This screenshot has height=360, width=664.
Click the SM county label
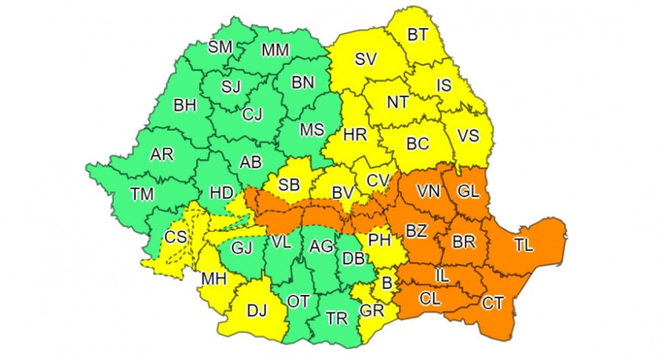[x=220, y=47]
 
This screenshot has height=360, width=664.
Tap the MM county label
[x=276, y=51]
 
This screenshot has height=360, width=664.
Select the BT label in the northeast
[x=417, y=35]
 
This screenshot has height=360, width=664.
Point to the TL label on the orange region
[x=523, y=245]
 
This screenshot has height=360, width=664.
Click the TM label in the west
[x=141, y=194]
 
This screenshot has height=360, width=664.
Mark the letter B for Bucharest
[x=387, y=285]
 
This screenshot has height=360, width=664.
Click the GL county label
[x=468, y=192]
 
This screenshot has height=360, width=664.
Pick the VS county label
[x=469, y=137]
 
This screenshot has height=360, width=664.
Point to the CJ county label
[x=252, y=115]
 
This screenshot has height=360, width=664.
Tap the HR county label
[x=355, y=135]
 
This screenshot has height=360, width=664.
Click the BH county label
[x=184, y=106]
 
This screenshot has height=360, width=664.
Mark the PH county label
[x=379, y=241]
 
